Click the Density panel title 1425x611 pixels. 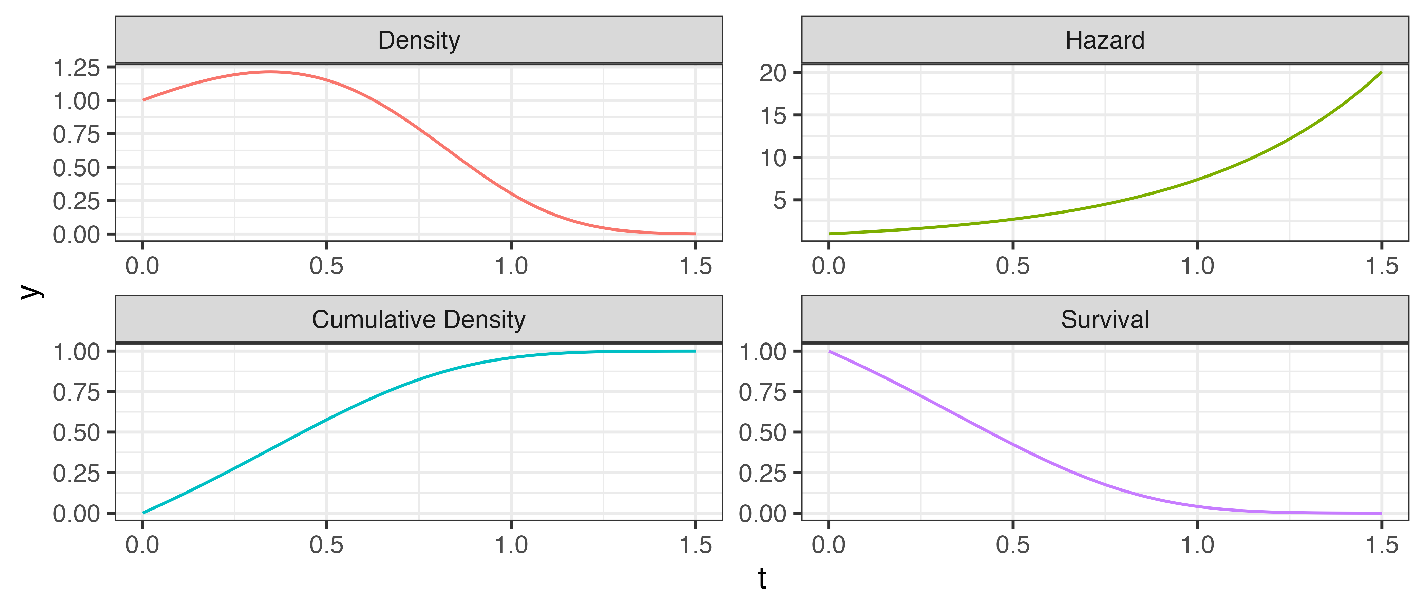(419, 40)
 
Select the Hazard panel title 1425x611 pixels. (1105, 40)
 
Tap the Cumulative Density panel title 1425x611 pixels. (419, 320)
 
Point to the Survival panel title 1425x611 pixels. (1105, 320)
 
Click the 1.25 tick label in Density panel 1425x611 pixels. (76, 68)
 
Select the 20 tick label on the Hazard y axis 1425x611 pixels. (773, 73)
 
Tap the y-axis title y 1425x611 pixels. (32, 292)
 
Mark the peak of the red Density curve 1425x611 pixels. (269, 72)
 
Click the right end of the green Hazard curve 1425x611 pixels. (1381, 73)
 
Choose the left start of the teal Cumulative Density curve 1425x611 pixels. (143, 513)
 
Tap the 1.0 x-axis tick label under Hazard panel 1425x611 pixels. (1197, 266)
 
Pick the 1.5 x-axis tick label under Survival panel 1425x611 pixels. (1381, 545)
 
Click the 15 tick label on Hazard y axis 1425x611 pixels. (773, 116)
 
